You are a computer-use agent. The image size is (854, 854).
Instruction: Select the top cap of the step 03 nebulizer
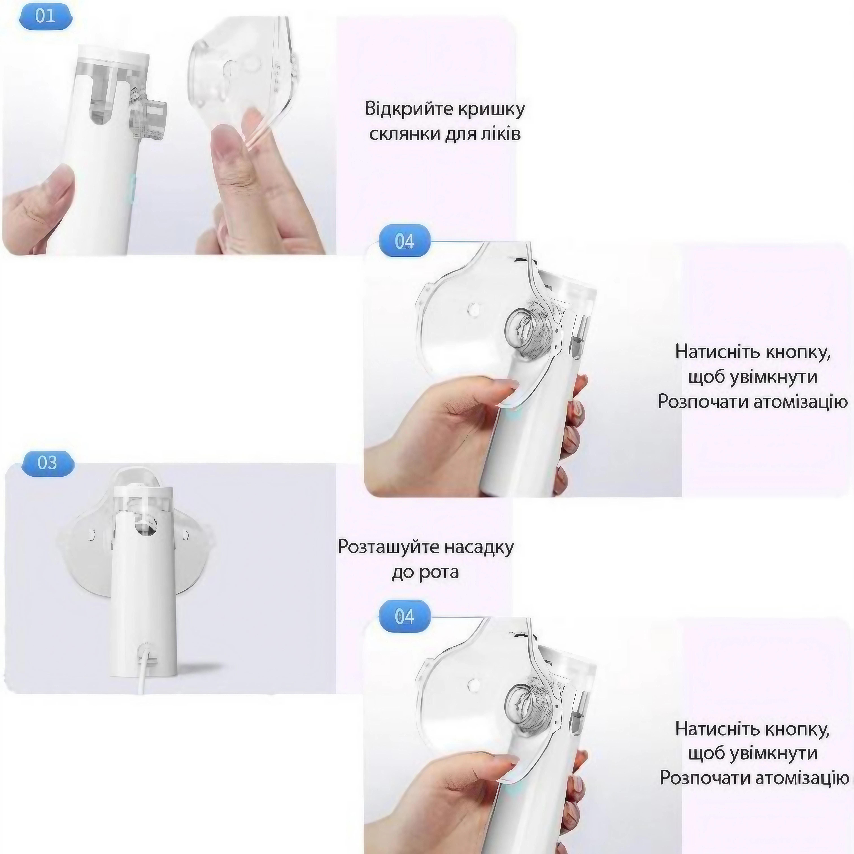(x=142, y=492)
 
